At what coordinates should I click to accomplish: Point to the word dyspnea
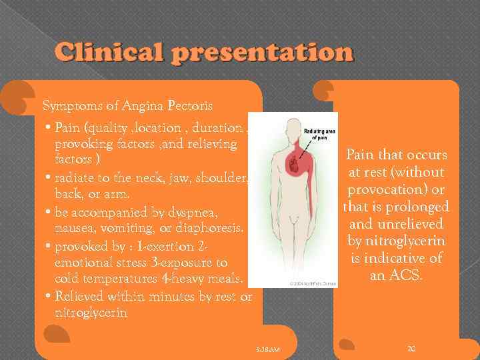209,213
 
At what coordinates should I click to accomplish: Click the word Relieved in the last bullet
81,296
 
